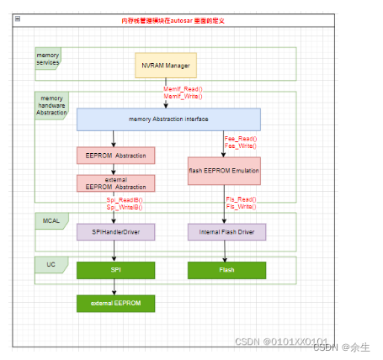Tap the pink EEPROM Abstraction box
(116, 156)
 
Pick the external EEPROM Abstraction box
(116, 183)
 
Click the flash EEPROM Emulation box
(224, 171)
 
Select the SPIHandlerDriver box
(116, 231)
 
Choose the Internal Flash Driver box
(226, 231)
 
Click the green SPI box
(116, 270)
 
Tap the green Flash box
(226, 270)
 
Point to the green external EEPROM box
(116, 303)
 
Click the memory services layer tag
(47, 59)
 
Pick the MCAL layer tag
(51, 221)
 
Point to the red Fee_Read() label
(241, 138)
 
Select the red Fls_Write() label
(241, 206)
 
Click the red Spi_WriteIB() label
(125, 206)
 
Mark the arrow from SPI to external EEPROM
(116, 287)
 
